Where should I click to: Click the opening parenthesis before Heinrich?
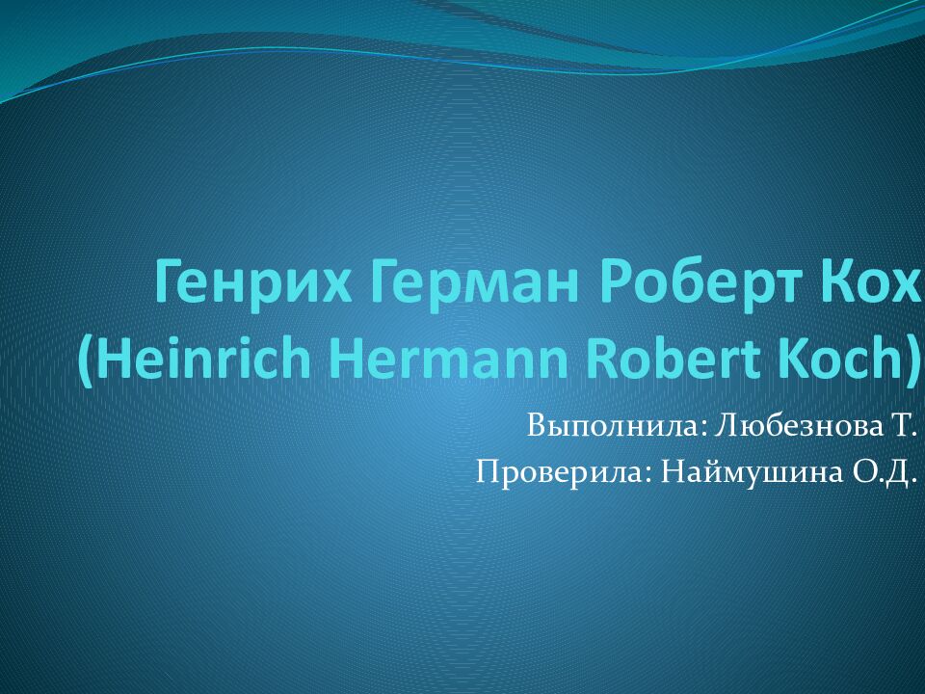coord(85,361)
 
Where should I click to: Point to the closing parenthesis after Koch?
coord(912,361)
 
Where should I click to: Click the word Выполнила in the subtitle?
coord(613,426)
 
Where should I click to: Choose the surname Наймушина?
coord(752,472)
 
